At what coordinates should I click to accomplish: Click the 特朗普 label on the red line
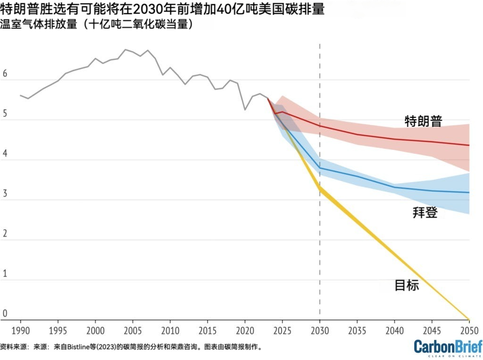point(423,121)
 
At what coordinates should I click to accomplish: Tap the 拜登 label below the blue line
point(425,213)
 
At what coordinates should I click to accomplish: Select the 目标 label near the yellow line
point(406,285)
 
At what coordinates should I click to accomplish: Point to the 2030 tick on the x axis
point(320,329)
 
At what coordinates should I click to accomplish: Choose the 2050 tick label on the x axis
point(469,329)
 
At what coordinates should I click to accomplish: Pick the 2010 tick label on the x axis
point(170,329)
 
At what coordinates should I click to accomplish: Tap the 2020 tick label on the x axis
point(245,329)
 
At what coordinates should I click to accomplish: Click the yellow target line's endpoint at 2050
point(469,319)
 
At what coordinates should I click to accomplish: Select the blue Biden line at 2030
point(320,168)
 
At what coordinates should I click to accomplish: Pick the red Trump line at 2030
point(320,126)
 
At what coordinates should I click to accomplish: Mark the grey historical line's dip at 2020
point(245,109)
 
